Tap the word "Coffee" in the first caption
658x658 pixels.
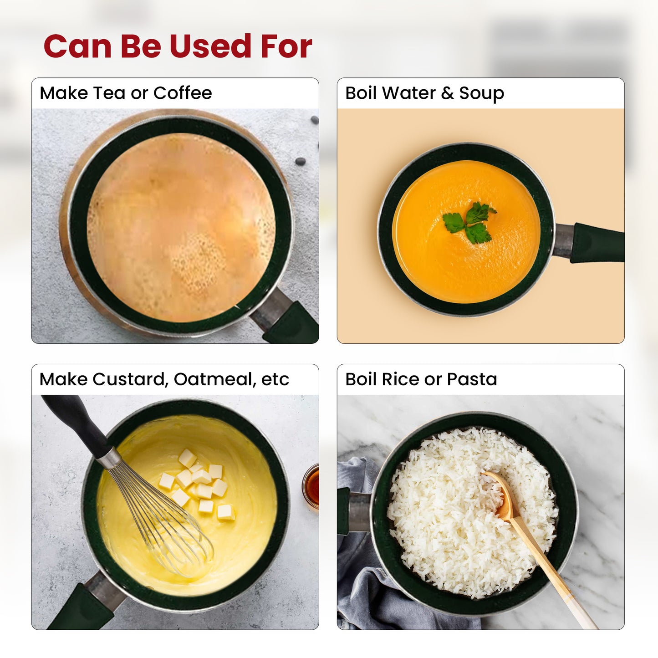(183, 93)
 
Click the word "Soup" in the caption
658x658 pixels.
(481, 93)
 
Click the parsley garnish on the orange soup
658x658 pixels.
(469, 222)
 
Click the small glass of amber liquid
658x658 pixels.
(311, 486)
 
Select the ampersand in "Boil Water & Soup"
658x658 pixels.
(448, 93)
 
